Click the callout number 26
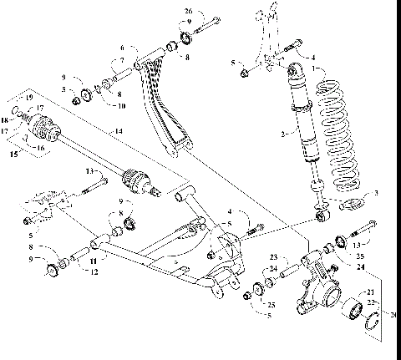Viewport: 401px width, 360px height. pos(188,11)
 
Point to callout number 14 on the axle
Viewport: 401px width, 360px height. pos(119,131)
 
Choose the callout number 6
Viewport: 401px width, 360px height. pos(122,48)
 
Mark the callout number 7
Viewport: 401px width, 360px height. pos(122,60)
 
